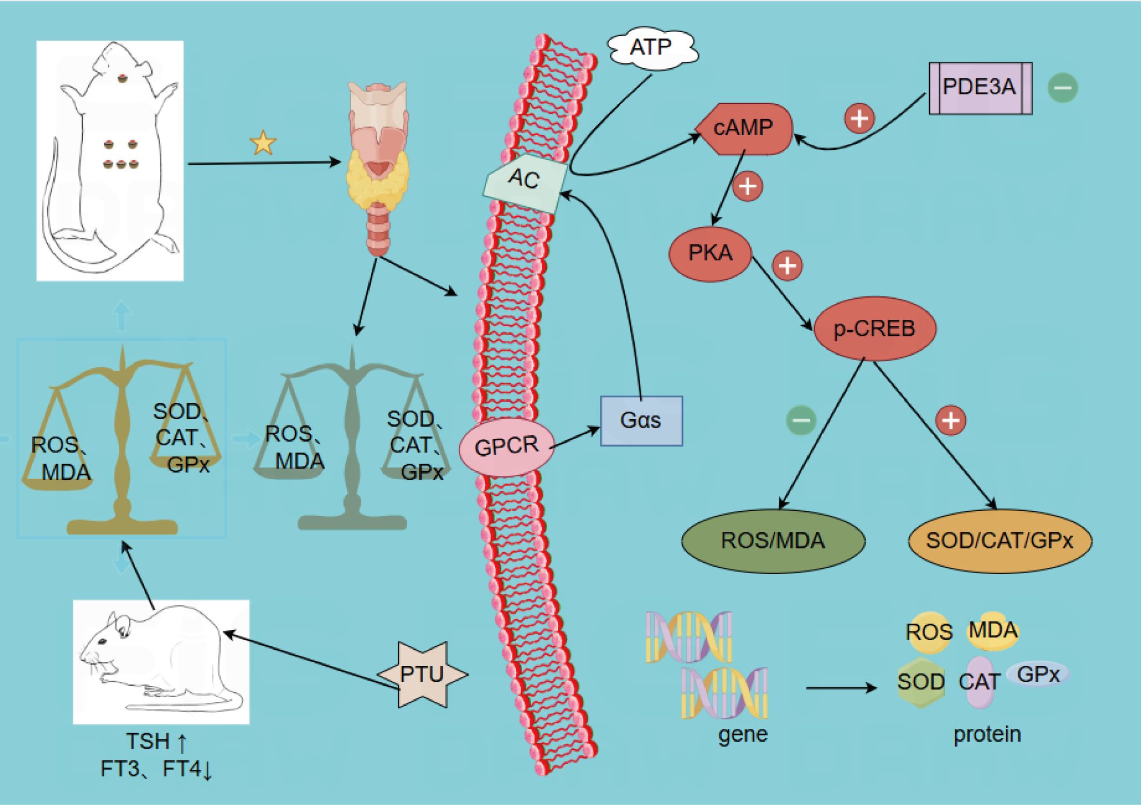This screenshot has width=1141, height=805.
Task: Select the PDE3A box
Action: point(979,88)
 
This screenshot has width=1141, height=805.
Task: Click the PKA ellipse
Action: point(710,253)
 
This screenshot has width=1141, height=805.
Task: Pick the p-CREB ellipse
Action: point(874,328)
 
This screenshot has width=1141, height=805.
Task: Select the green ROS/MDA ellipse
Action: point(773,541)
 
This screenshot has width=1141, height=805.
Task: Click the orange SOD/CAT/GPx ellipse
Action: point(999,541)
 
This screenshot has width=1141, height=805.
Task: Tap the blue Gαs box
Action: point(641,421)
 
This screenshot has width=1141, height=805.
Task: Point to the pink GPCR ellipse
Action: point(507,447)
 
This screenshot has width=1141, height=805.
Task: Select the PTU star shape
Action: point(422,675)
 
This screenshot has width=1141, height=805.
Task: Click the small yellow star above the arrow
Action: point(263,143)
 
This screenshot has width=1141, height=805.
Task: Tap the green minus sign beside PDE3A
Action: point(1063,88)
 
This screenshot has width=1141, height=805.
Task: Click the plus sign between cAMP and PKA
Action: point(748,186)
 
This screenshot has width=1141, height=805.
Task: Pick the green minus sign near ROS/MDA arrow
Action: point(801,420)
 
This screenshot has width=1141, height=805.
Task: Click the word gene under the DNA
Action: point(743,734)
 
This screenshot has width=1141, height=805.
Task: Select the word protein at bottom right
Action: point(986,734)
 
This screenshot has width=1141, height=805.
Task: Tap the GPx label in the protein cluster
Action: point(1038,675)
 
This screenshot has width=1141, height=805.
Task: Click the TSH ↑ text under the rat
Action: point(156,742)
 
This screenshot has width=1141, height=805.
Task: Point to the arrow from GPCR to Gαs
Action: point(575,438)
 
